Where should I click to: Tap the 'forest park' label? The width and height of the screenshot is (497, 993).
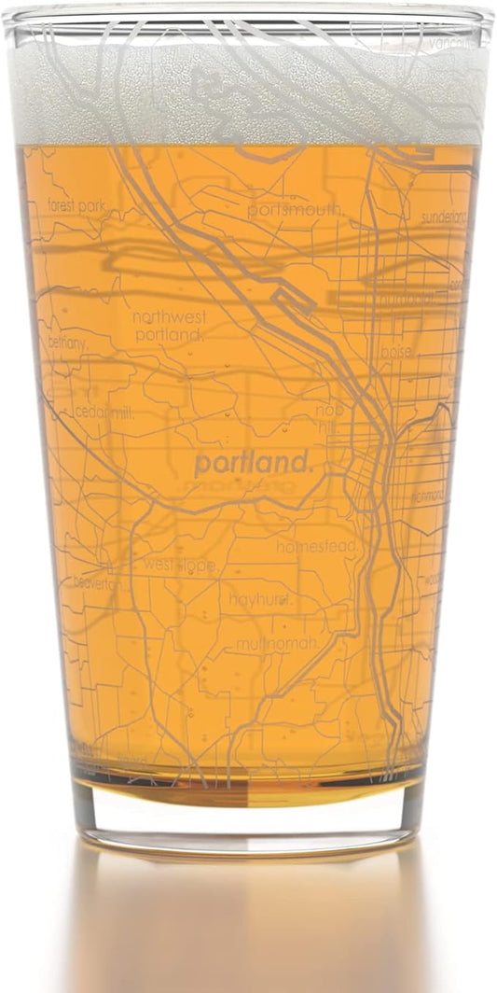76,204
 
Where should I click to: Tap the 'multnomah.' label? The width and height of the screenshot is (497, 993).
277,644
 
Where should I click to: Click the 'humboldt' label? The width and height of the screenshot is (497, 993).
407,300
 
